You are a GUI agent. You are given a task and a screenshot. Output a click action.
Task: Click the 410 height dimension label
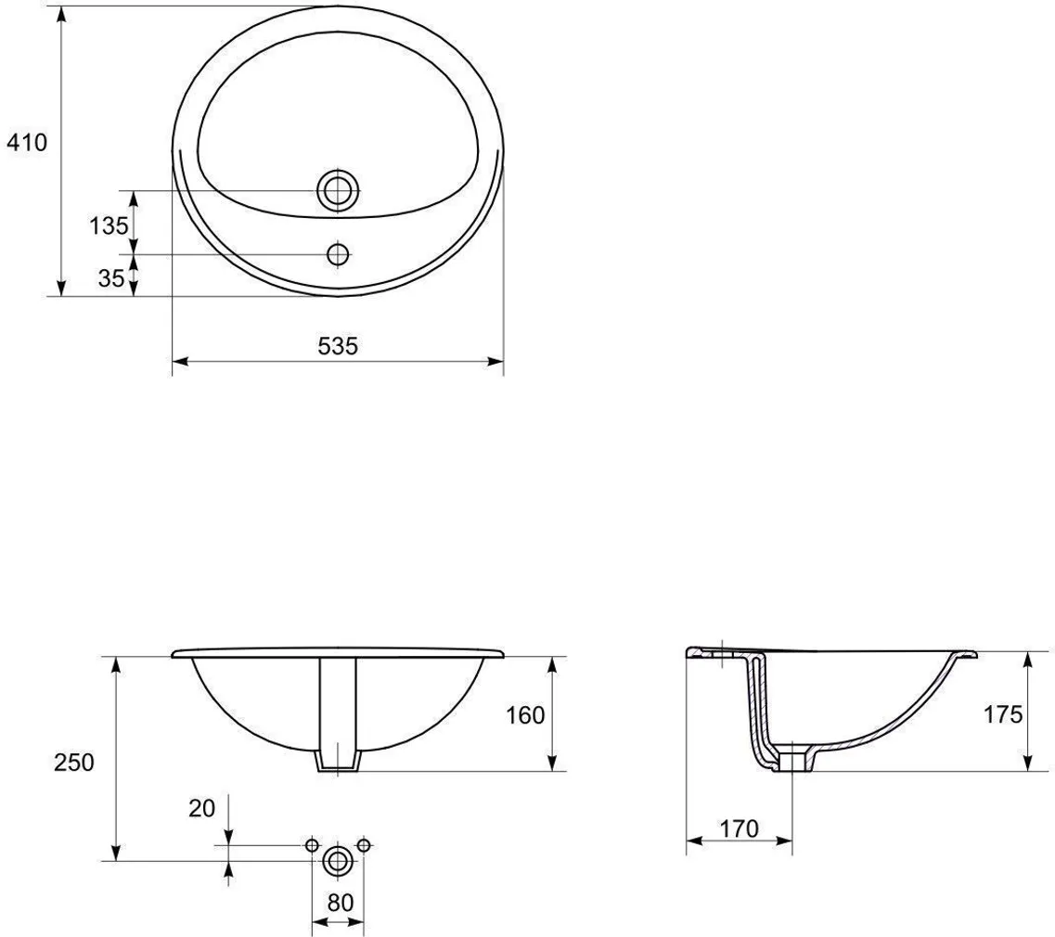tap(27, 143)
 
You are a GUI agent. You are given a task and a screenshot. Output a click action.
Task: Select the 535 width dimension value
tap(338, 346)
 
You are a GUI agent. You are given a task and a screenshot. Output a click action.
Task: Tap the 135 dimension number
tap(109, 226)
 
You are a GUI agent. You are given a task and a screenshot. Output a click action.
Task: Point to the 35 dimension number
tap(111, 277)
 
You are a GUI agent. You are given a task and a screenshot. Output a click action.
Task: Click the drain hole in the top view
tap(338, 190)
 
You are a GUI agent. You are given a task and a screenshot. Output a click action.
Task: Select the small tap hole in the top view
tap(338, 254)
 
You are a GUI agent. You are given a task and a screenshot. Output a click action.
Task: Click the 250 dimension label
tap(74, 762)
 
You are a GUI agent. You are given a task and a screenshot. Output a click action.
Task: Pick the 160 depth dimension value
tap(525, 715)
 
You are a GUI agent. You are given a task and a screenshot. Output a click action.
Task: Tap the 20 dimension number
tap(202, 808)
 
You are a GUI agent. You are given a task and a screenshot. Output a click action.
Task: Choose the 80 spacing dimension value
tap(341, 903)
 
